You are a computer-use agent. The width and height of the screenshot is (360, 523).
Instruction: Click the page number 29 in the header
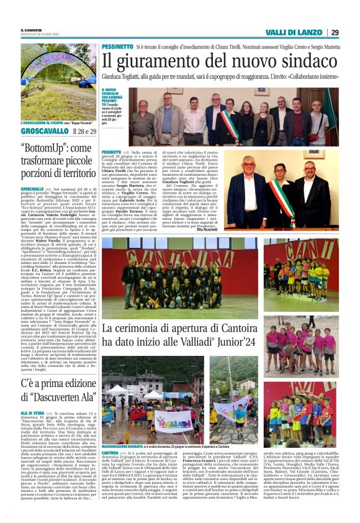pyautogui.click(x=334, y=32)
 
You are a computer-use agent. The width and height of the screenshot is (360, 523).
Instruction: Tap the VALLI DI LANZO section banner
pyautogui.click(x=300, y=32)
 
